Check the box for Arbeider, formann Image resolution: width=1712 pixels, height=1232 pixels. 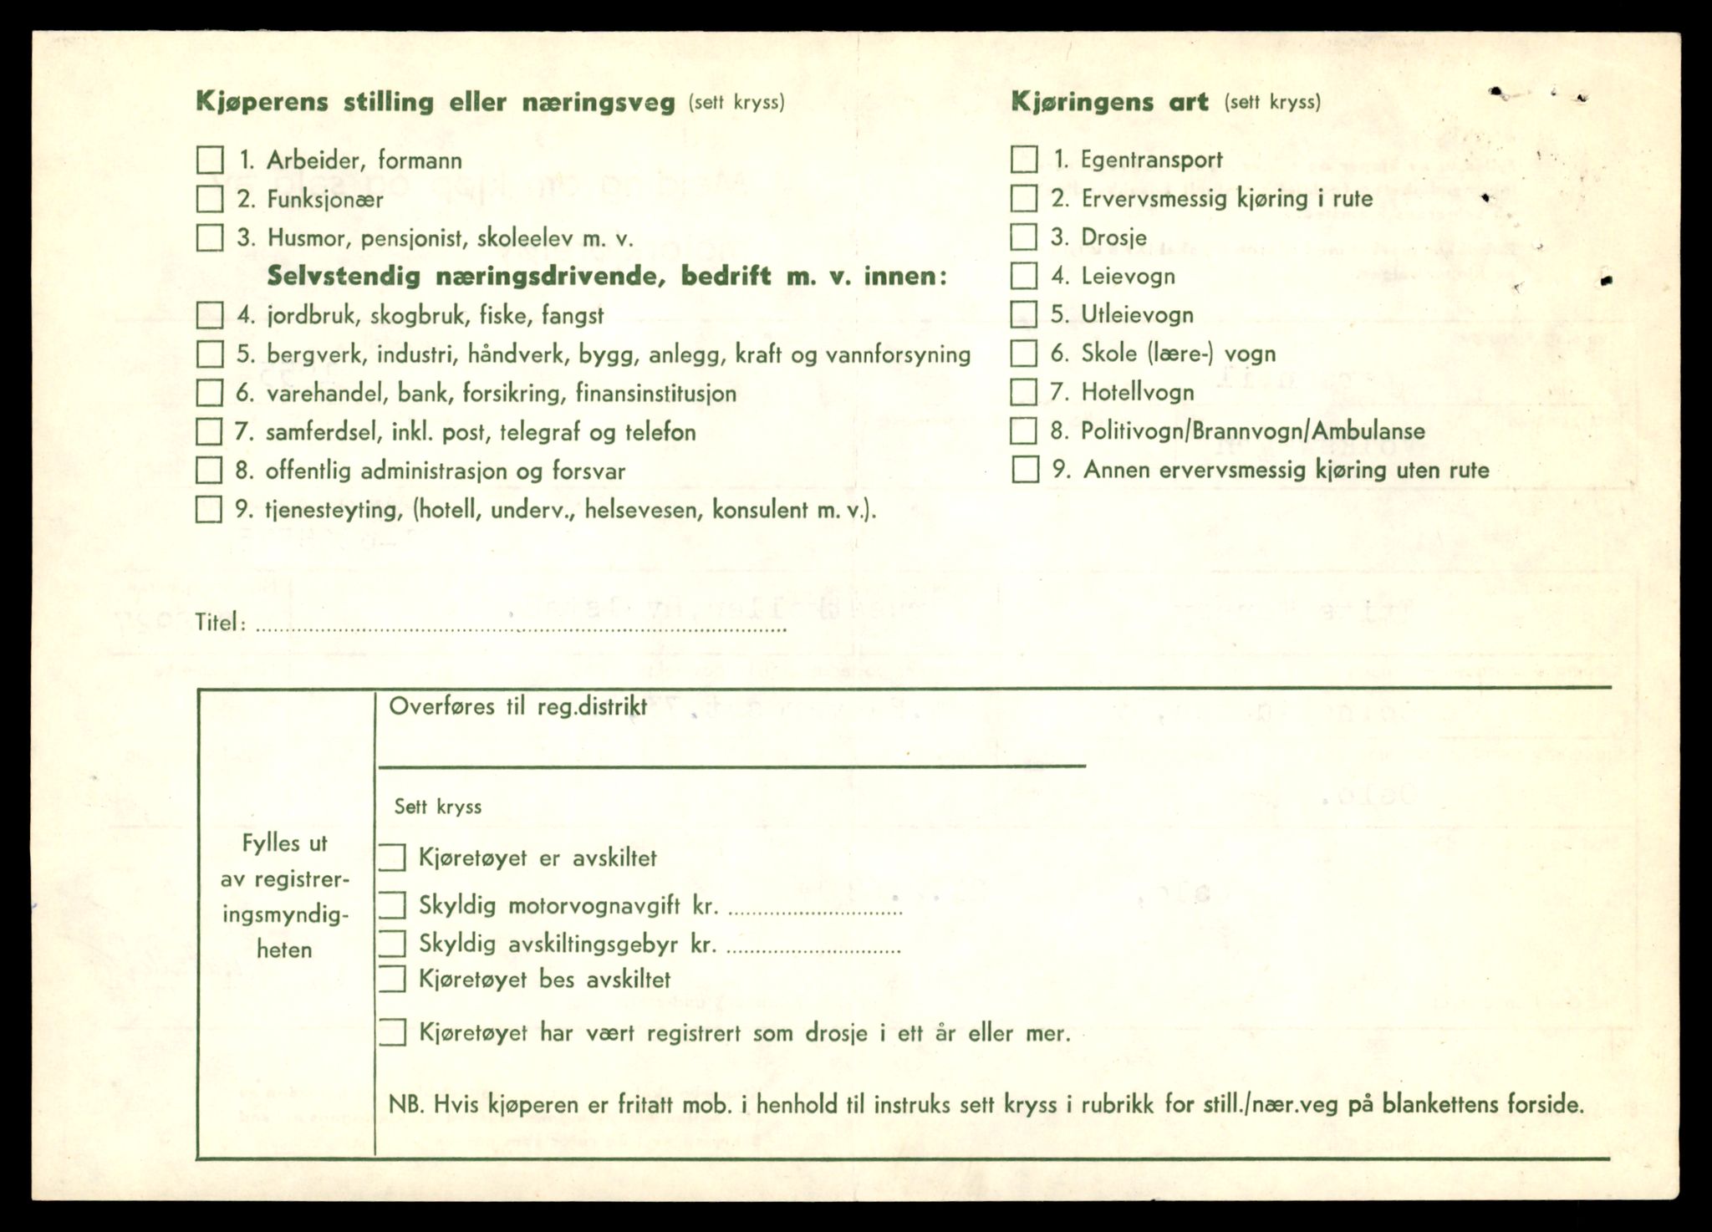[210, 160]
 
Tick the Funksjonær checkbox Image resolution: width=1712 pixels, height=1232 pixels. [210, 199]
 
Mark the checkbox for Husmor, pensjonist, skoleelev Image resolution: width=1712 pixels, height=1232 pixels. [210, 237]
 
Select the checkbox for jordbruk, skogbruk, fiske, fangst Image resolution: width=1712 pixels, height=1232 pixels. [210, 315]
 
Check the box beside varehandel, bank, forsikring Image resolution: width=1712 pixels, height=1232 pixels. [210, 393]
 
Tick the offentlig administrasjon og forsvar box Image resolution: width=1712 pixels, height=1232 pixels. [209, 471]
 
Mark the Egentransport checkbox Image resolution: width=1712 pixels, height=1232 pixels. [1024, 159]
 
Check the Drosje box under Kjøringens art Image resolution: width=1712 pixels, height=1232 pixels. [1024, 237]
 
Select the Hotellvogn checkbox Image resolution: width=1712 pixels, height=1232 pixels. [1024, 392]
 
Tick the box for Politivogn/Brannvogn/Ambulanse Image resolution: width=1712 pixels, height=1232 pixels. [1024, 431]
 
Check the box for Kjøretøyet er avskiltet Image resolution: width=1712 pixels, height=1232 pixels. [392, 858]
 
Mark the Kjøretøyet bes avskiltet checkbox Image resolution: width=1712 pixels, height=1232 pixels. [392, 979]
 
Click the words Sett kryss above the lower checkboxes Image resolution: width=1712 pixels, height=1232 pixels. [438, 807]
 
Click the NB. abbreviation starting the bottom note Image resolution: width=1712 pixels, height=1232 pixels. [406, 1105]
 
